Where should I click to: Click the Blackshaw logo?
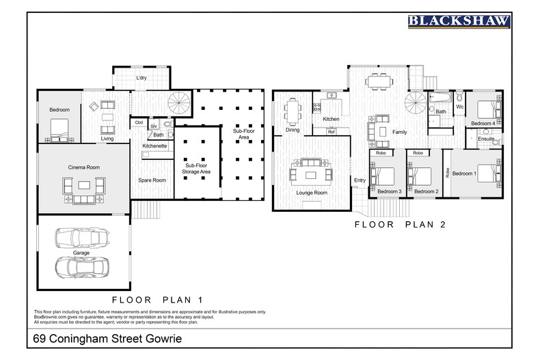click(x=459, y=22)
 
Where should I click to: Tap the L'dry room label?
click(x=141, y=78)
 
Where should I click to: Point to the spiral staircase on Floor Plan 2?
click(x=415, y=105)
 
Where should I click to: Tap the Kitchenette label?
click(x=154, y=146)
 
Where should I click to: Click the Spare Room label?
click(x=152, y=180)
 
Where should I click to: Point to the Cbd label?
click(x=139, y=123)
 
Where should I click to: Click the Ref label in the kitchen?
click(x=331, y=131)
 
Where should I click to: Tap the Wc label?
click(x=460, y=107)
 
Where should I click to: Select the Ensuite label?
click(x=487, y=139)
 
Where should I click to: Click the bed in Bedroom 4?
click(x=487, y=109)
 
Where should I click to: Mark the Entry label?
click(x=360, y=180)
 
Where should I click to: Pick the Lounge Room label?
click(x=312, y=193)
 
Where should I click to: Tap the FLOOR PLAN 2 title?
click(x=400, y=223)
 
